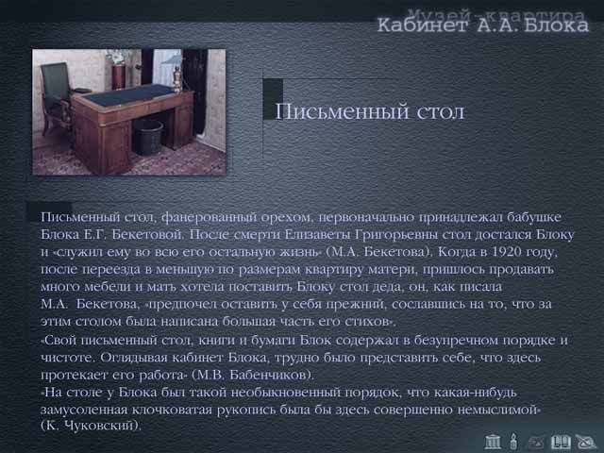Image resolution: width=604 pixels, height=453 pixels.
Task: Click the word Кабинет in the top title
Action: (x=422, y=25)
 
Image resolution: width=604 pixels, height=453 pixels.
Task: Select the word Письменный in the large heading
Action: (x=342, y=111)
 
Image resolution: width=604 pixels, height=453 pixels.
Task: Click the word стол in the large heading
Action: (x=441, y=112)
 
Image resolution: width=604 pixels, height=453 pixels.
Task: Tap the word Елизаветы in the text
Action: (x=318, y=234)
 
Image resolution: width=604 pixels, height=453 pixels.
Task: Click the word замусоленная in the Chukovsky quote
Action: (x=84, y=410)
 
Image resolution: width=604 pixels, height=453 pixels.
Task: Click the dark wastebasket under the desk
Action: (x=147, y=136)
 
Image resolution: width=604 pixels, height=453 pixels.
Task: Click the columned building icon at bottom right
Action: (x=493, y=442)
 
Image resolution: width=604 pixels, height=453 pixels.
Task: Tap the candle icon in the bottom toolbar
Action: (x=513, y=442)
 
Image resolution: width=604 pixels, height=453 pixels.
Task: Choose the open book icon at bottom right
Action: (x=561, y=442)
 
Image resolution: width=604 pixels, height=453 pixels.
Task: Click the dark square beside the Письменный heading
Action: (x=273, y=99)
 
